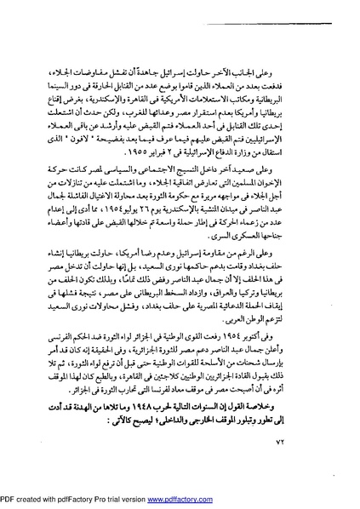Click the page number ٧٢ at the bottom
click(77, 464)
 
